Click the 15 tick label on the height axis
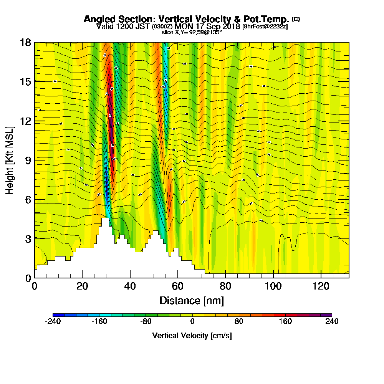[x=26, y=81]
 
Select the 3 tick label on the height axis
[x=28, y=238]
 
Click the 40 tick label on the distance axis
[x=130, y=286]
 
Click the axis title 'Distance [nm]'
[x=192, y=300]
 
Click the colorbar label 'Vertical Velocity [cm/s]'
[x=192, y=336]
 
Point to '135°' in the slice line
[x=216, y=32]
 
